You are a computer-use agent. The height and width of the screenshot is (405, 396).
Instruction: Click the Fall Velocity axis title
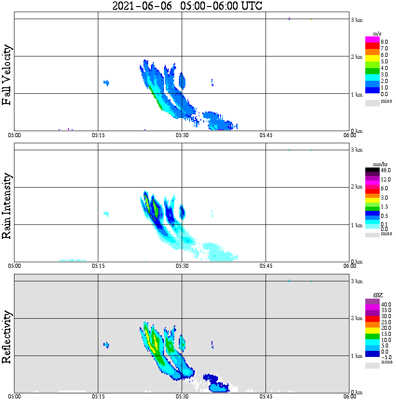point(7,75)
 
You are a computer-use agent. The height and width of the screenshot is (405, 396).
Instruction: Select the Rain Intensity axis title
point(7,206)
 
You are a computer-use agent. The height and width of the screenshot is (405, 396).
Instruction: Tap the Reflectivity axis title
point(7,338)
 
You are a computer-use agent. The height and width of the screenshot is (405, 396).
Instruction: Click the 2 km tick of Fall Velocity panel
point(356,57)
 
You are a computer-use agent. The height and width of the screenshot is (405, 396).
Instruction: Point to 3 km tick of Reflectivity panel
point(356,281)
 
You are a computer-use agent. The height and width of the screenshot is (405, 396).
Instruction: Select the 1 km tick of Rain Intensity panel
point(356,225)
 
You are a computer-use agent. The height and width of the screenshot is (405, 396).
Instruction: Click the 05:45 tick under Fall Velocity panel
point(266,135)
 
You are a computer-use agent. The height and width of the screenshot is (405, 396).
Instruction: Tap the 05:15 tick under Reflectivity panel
point(98,397)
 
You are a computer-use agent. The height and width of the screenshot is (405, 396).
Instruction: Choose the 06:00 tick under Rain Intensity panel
point(349,266)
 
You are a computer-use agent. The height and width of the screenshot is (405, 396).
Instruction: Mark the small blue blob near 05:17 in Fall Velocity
point(106,83)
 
